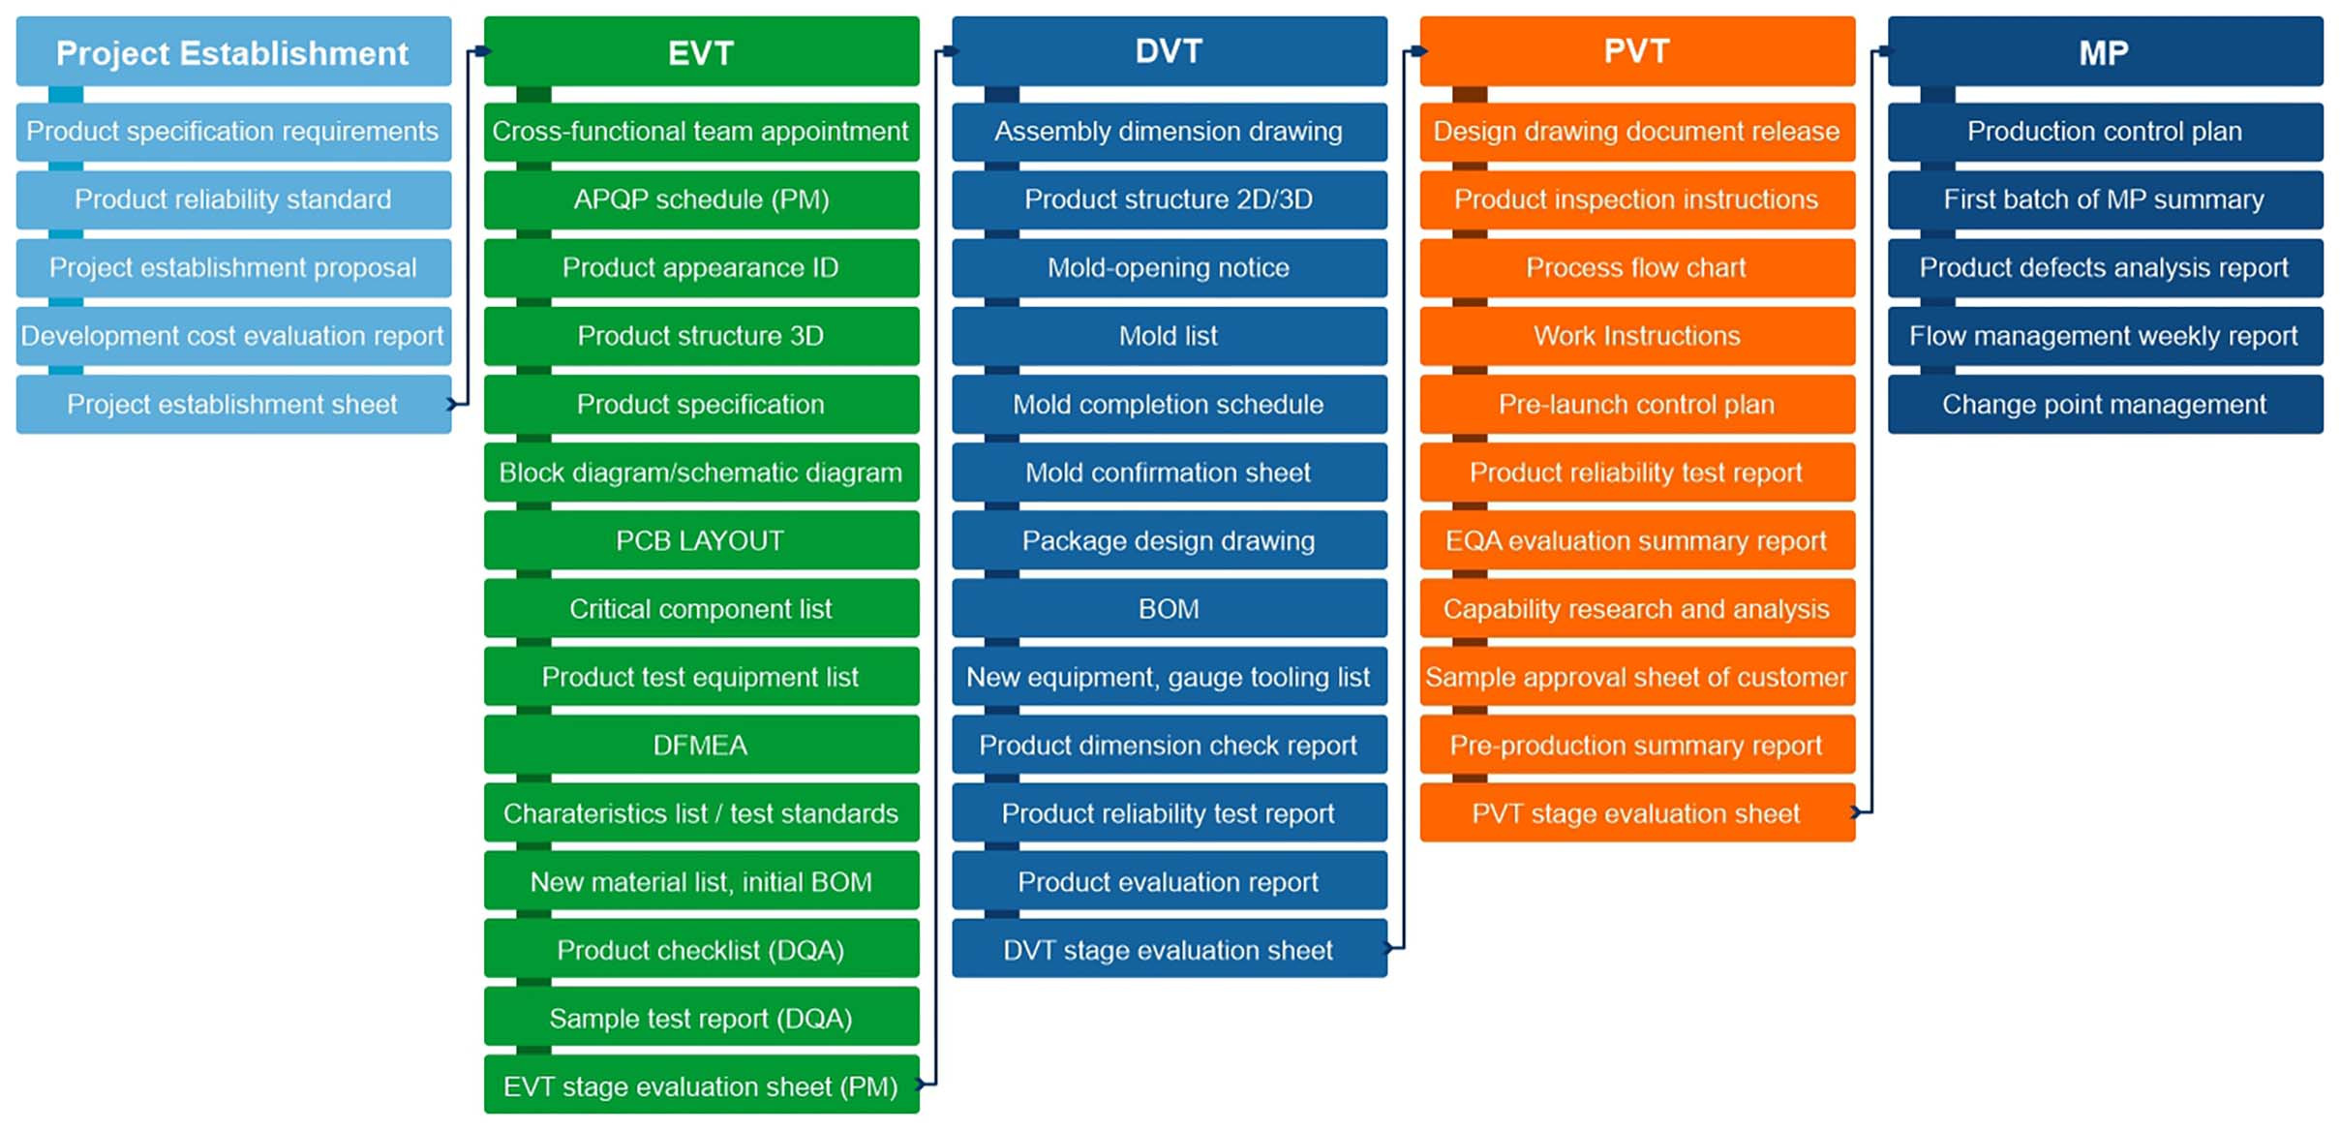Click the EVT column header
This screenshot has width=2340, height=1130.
tap(701, 52)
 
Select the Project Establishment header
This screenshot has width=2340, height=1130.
tap(232, 52)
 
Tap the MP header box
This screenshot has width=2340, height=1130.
tap(2104, 52)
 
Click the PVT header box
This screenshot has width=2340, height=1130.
tap(1636, 52)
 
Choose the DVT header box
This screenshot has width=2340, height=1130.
tap(1169, 52)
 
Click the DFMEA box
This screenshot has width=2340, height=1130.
tap(701, 745)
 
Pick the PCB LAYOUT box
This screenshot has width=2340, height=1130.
tap(701, 540)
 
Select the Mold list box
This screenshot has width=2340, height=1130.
tap(1169, 336)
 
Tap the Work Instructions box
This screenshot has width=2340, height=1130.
tap(1636, 336)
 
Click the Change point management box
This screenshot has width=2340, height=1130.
tap(2104, 404)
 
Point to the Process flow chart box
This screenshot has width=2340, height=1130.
tap(1636, 267)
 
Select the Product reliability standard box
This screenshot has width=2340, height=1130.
tap(232, 199)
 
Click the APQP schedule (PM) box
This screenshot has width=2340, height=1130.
tap(701, 199)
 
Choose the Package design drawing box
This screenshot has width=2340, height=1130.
tap(1169, 540)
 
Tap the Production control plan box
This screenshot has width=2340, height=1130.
tap(2104, 131)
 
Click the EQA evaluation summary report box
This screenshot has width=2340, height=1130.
tap(1636, 540)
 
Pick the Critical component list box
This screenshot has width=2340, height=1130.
tap(701, 608)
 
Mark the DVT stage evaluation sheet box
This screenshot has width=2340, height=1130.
tap(1169, 950)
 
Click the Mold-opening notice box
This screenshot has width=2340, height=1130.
tap(1169, 267)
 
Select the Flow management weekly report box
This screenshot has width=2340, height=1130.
tap(2104, 336)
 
